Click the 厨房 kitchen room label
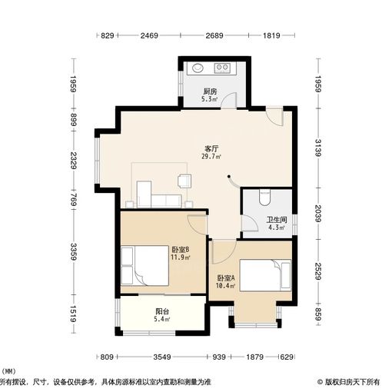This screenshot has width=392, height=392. click(x=209, y=91)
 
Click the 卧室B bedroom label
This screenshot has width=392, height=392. click(x=181, y=250)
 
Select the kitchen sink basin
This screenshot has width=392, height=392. click(x=194, y=68)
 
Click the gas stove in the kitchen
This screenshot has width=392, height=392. click(x=224, y=68)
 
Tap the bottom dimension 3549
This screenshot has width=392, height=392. click(x=161, y=357)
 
